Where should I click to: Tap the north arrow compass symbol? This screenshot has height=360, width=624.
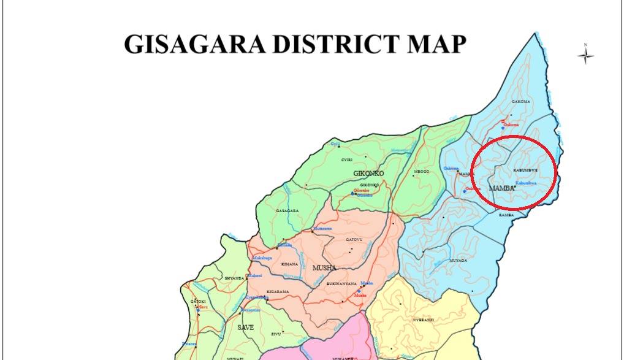click(x=586, y=55)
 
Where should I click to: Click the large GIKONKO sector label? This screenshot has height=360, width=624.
click(x=368, y=174)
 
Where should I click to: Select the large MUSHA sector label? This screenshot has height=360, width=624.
click(x=325, y=268)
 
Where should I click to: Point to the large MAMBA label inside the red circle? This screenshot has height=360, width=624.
click(x=501, y=188)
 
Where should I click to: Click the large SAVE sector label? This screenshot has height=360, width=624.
click(x=245, y=327)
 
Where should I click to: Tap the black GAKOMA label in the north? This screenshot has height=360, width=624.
click(x=520, y=101)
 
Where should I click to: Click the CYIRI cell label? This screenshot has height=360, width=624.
click(x=348, y=159)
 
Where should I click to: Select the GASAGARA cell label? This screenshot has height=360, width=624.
click(x=287, y=210)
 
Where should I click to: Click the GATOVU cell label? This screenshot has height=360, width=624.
click(x=355, y=239)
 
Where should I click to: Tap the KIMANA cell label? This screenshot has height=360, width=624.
click(x=289, y=264)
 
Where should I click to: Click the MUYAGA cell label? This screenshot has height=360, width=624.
click(x=458, y=260)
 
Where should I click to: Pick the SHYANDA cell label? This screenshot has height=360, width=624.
click(x=234, y=278)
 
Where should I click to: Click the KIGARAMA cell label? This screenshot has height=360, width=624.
click(x=277, y=291)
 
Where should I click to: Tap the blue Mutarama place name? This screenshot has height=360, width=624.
click(x=322, y=228)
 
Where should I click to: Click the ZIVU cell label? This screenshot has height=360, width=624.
click(x=275, y=334)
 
